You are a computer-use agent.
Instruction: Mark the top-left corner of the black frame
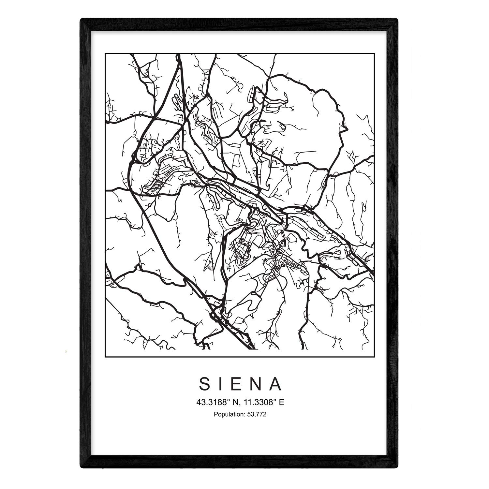pyautogui.click(x=81, y=19)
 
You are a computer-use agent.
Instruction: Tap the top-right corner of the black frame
pyautogui.click(x=397, y=19)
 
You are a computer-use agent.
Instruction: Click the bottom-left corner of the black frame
pyautogui.click(x=81, y=468)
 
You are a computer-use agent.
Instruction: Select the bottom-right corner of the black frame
pyautogui.click(x=397, y=468)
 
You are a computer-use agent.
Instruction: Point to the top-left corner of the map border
pyautogui.click(x=105, y=53)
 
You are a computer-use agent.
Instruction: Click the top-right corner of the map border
pyautogui.click(x=374, y=53)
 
